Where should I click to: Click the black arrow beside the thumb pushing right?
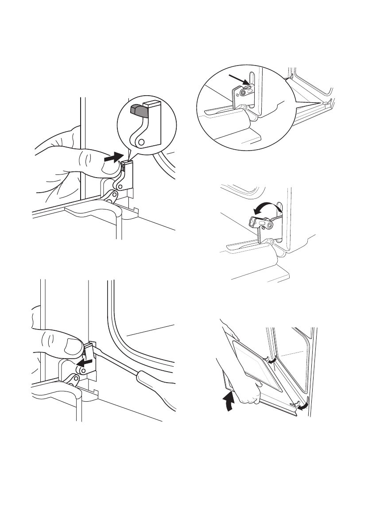(112, 158)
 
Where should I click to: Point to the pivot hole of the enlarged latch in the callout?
(141, 142)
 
